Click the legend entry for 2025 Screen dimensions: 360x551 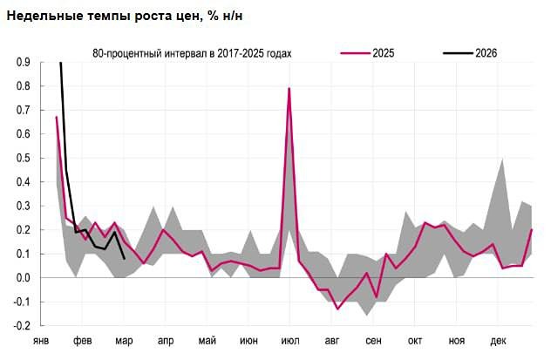pyautogui.click(x=382, y=53)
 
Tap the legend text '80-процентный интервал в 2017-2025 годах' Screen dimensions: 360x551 pyautogui.click(x=192, y=53)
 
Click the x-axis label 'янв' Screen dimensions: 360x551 pyautogui.click(x=41, y=341)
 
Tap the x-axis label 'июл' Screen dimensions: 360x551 pyautogui.click(x=290, y=341)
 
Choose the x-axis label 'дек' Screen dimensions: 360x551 pyautogui.click(x=499, y=341)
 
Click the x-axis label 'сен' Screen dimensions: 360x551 pyautogui.click(x=373, y=341)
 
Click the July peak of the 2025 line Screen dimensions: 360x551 pyautogui.click(x=289, y=89)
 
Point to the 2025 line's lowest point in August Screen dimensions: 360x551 pyautogui.click(x=337, y=309)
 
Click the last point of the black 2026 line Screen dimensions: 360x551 pyautogui.click(x=125, y=259)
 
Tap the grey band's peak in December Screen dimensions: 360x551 pyautogui.click(x=501, y=160)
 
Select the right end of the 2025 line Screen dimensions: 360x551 pyautogui.click(x=532, y=230)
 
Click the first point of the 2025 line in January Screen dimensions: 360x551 pyautogui.click(x=56, y=117)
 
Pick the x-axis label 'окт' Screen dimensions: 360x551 pyautogui.click(x=415, y=341)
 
